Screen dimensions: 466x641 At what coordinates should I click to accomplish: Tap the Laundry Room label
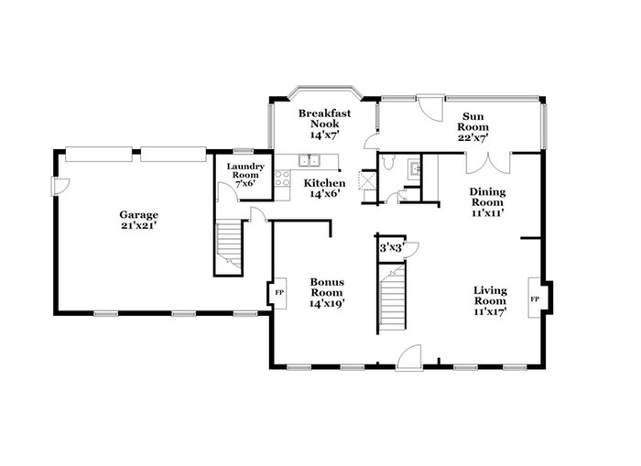[245, 174]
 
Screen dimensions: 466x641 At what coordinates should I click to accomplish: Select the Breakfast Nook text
[324, 124]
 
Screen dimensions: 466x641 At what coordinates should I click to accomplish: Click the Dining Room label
[487, 201]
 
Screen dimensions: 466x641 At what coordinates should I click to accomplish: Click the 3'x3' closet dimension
[390, 245]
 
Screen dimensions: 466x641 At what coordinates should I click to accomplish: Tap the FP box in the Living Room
[535, 299]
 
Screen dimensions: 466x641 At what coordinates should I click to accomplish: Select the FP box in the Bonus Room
[279, 292]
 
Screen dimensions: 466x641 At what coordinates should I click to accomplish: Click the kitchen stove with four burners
[283, 179]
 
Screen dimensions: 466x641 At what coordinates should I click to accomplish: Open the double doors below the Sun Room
[484, 164]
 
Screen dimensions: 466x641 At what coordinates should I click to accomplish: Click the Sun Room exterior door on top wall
[427, 107]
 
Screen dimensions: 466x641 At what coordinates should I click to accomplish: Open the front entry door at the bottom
[409, 358]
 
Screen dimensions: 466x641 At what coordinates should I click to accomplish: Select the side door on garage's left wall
[60, 186]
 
